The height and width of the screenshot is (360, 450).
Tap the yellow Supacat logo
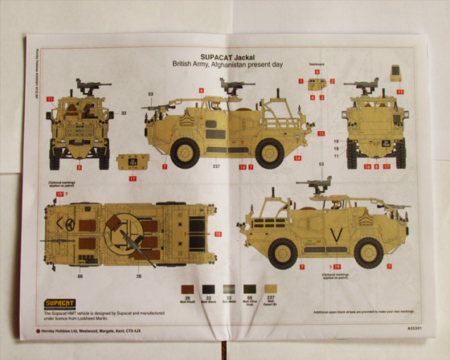[59, 304]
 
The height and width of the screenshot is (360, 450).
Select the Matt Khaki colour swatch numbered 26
[187, 289]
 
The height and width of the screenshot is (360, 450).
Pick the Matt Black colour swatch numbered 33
[207, 289]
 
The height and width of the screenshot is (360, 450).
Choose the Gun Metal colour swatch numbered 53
[228, 289]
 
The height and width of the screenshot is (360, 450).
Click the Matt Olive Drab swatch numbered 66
[248, 289]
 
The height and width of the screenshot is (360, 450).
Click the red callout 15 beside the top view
[217, 233]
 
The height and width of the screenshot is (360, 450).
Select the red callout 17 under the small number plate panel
[133, 178]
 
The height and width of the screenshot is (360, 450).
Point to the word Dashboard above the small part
[316, 64]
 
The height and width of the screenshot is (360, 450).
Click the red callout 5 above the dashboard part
[316, 72]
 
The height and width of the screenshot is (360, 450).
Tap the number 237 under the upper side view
[217, 167]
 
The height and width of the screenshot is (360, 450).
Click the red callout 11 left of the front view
[51, 99]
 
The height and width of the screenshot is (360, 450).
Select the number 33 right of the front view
[123, 112]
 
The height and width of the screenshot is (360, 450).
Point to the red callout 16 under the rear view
[367, 167]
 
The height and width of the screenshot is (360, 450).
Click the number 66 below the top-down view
[80, 276]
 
